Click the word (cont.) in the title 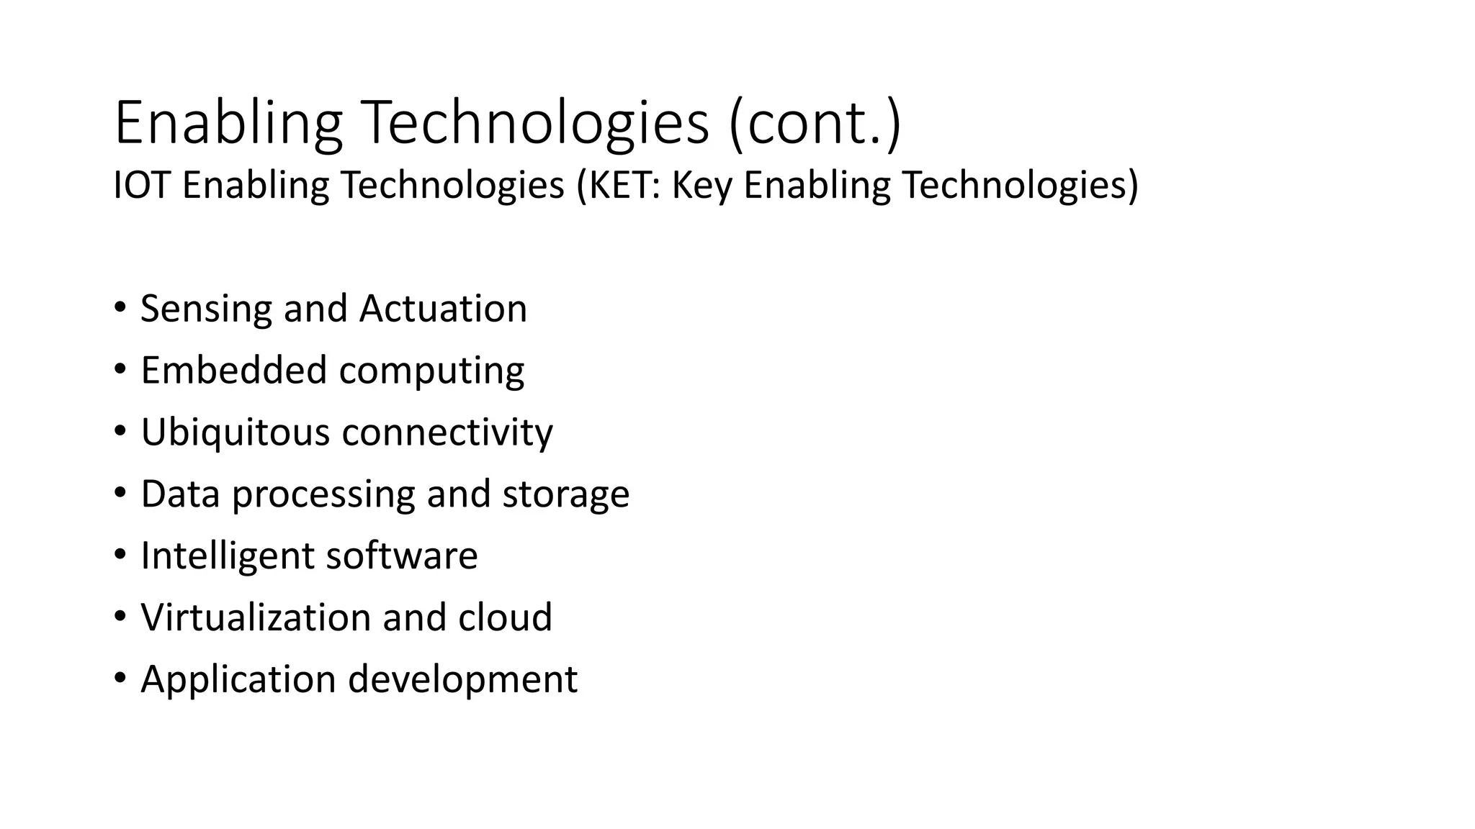pos(815,124)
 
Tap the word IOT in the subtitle pos(141,185)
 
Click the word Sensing pos(206,309)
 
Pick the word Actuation pos(443,309)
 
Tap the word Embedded pos(233,371)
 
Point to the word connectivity pos(447,432)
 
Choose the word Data pos(180,494)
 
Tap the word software pos(402,556)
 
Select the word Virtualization pos(255,617)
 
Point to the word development pos(462,680)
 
